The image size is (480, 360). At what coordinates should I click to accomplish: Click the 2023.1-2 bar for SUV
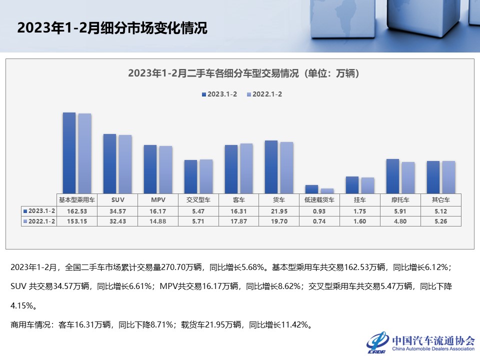tap(109, 163)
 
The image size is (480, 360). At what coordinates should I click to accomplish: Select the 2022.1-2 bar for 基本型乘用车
tap(84, 153)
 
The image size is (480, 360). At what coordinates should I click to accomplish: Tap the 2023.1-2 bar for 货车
tap(271, 167)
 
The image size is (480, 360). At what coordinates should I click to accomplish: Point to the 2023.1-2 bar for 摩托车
tap(392, 176)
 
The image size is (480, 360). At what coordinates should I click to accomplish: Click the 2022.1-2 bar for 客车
tap(246, 168)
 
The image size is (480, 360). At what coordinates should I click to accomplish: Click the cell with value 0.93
tap(319, 211)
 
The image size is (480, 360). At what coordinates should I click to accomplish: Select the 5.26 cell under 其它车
tap(440, 221)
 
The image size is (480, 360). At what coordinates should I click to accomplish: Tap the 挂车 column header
tap(359, 199)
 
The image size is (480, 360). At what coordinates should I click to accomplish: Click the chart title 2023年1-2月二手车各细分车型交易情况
tap(243, 73)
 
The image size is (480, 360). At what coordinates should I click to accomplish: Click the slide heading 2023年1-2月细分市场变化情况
tap(112, 28)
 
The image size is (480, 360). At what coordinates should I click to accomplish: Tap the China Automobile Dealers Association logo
tap(420, 342)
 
